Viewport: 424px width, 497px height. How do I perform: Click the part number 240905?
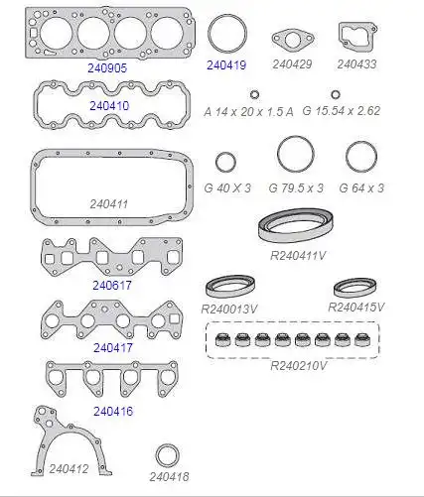(x=107, y=67)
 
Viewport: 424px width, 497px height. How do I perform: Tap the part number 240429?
(x=292, y=64)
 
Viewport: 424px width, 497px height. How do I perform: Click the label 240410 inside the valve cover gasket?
(x=109, y=106)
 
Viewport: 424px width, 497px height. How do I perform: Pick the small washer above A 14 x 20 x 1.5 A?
(x=254, y=95)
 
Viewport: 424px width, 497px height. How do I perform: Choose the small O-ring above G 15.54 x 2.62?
(x=336, y=94)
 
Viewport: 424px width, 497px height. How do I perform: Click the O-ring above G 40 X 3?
(x=225, y=153)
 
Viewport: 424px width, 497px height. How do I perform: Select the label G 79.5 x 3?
(x=296, y=188)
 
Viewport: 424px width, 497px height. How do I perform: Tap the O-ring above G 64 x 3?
(x=361, y=142)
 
